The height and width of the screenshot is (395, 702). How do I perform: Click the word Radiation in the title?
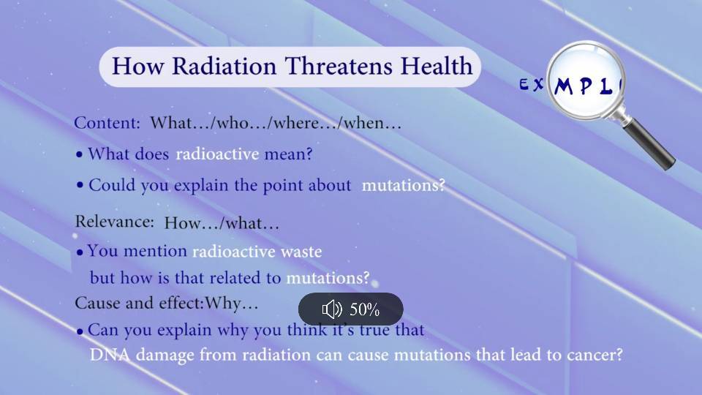(224, 67)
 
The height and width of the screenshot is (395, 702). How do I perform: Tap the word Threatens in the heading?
(339, 66)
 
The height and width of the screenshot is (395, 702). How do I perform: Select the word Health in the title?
(437, 66)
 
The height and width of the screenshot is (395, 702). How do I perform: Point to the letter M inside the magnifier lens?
(564, 86)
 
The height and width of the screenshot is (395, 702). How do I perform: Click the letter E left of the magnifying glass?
(524, 85)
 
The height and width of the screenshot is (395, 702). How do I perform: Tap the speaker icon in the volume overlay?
(332, 309)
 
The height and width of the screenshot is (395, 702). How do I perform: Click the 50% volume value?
(364, 309)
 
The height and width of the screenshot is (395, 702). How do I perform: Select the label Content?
(107, 123)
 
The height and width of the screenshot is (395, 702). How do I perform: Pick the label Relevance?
(115, 221)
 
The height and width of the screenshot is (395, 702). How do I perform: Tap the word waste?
(301, 252)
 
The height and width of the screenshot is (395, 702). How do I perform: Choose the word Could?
(112, 185)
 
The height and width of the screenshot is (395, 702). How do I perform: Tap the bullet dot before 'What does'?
(79, 155)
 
